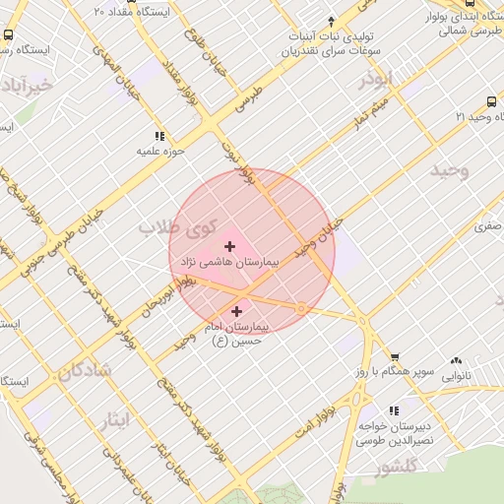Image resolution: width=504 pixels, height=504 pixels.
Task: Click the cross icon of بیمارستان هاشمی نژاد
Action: [x=230, y=246]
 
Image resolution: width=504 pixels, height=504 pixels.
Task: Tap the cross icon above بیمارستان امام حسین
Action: [x=236, y=311]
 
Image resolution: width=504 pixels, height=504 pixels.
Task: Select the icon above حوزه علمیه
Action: [x=159, y=137]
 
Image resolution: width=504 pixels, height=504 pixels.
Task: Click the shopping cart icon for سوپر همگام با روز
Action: [x=395, y=358]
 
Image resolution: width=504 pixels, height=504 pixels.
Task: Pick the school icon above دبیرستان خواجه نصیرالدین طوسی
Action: [x=394, y=410]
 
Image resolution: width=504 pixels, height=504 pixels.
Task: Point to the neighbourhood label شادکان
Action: [x=85, y=371]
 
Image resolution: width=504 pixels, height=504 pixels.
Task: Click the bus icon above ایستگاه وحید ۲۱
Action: [x=491, y=101]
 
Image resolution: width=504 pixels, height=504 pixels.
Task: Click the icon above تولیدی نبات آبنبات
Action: [x=332, y=20]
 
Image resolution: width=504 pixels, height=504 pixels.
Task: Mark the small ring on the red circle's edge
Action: [x=301, y=309]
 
